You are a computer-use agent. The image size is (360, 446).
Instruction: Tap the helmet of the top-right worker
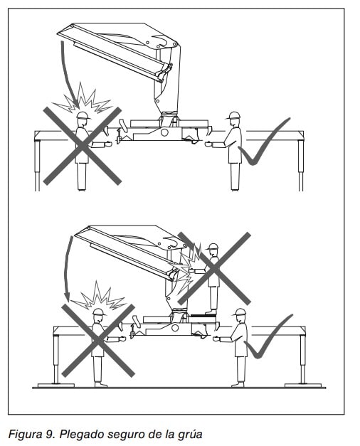click(234, 115)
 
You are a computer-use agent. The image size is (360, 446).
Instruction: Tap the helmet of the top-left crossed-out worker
click(83, 115)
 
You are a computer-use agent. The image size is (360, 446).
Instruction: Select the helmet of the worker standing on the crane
click(212, 246)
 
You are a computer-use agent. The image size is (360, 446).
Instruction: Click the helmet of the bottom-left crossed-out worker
click(99, 312)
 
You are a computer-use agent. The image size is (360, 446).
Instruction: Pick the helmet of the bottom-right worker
click(240, 312)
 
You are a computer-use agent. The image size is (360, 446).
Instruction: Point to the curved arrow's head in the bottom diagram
click(67, 297)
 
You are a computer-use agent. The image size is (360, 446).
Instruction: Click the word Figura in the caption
click(24, 435)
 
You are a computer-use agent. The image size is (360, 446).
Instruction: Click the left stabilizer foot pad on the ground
click(56, 386)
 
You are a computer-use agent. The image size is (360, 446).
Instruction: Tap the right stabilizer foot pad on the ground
click(303, 386)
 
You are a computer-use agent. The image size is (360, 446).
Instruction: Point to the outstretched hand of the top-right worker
click(208, 144)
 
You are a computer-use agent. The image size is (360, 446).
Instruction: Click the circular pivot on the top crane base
click(164, 132)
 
